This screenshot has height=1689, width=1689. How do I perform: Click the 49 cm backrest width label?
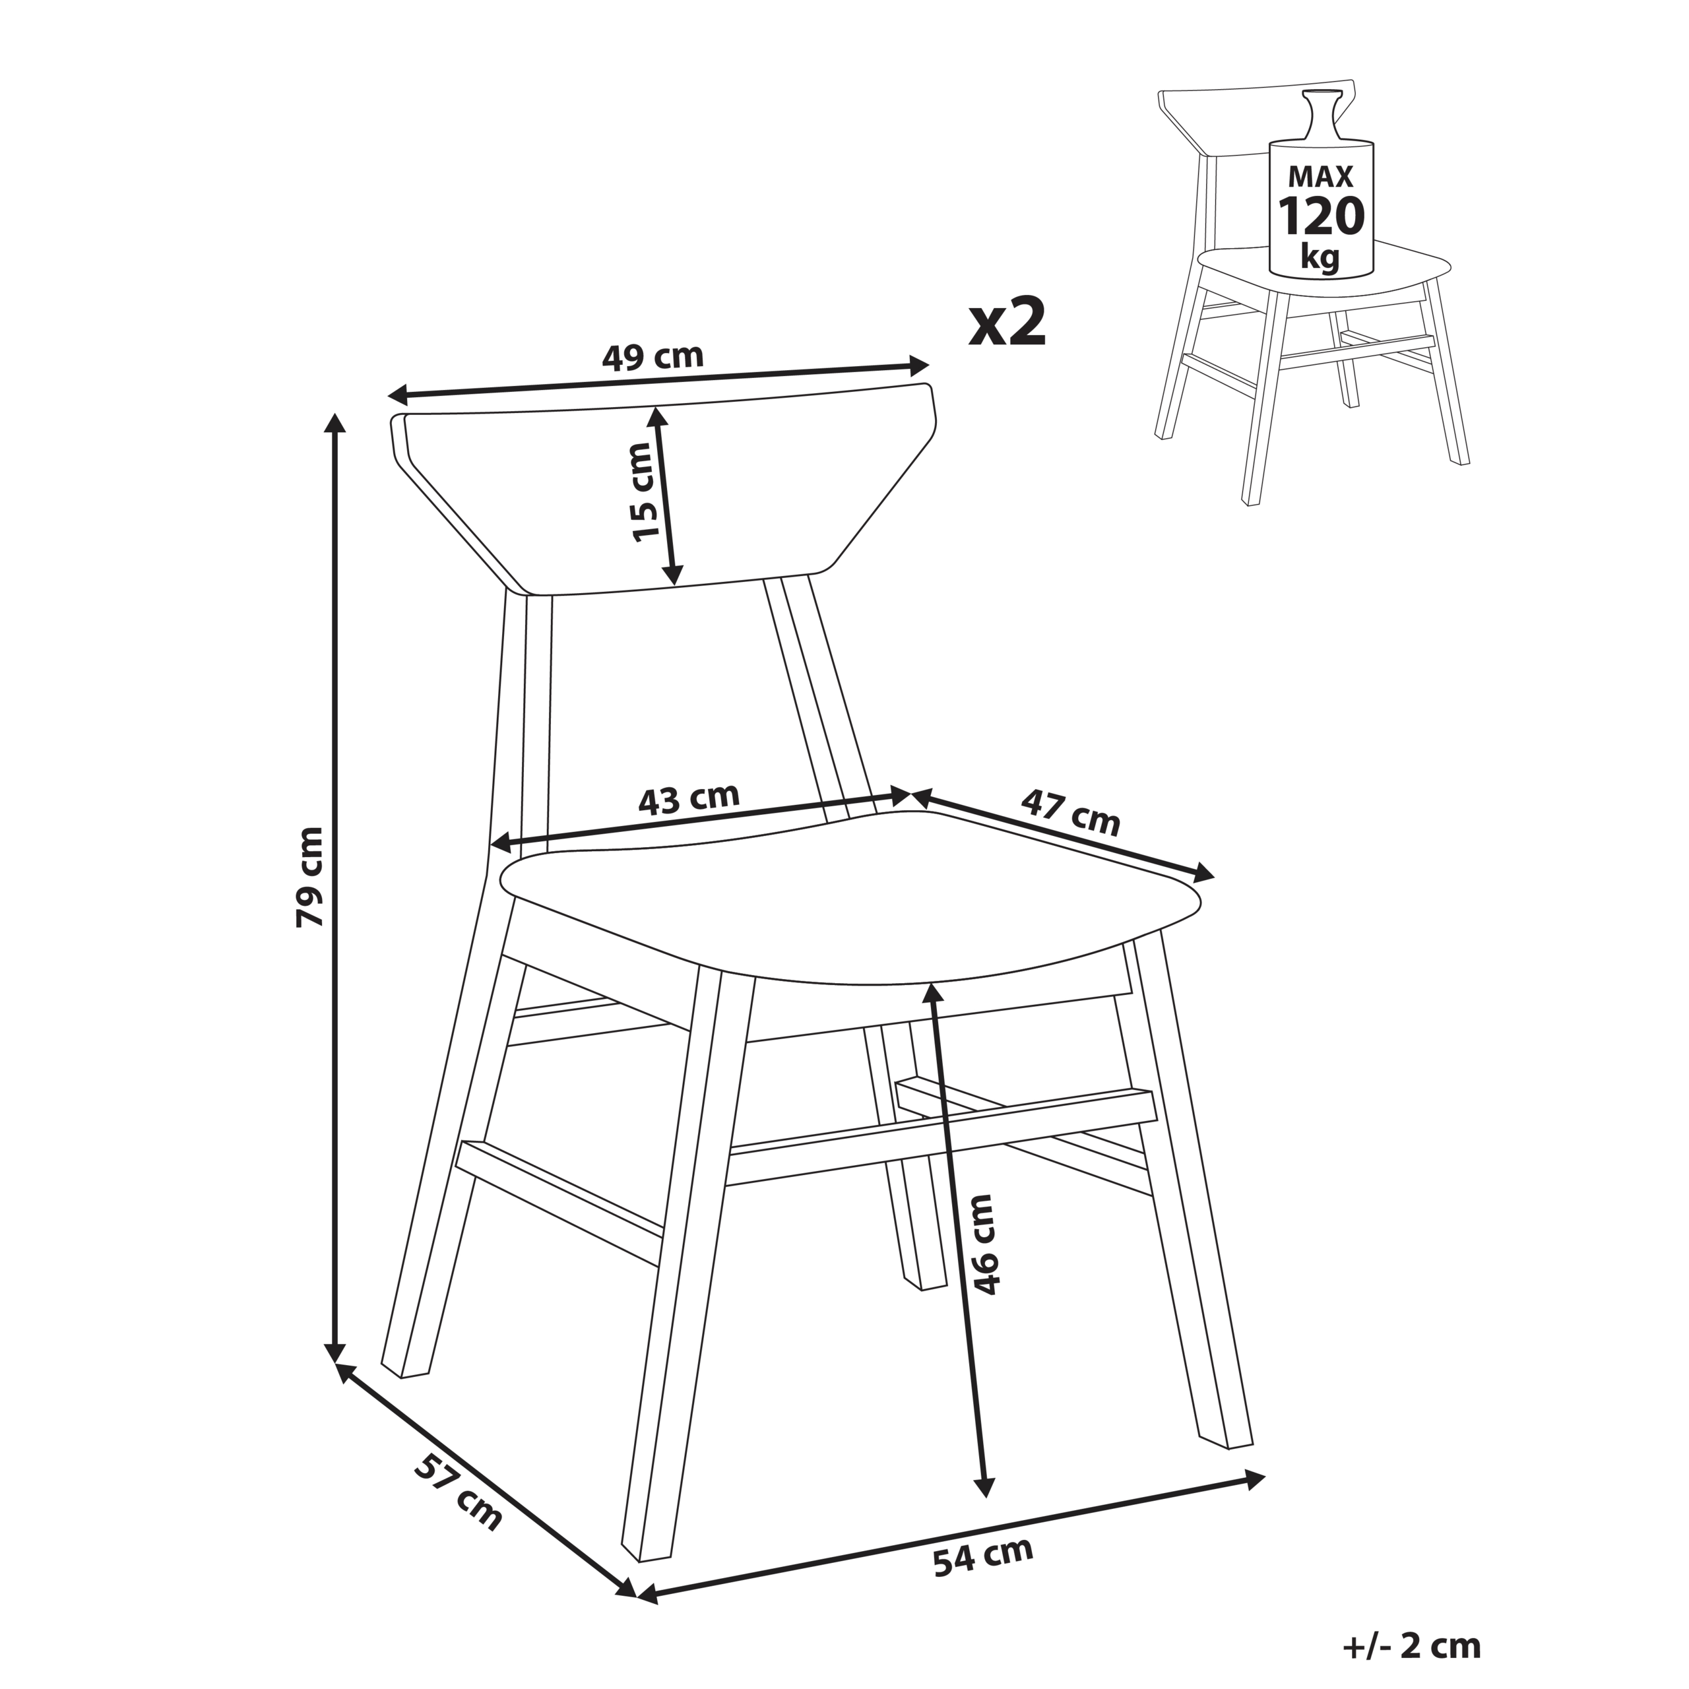coord(652,357)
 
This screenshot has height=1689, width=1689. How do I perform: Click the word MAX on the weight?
coord(1321,177)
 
